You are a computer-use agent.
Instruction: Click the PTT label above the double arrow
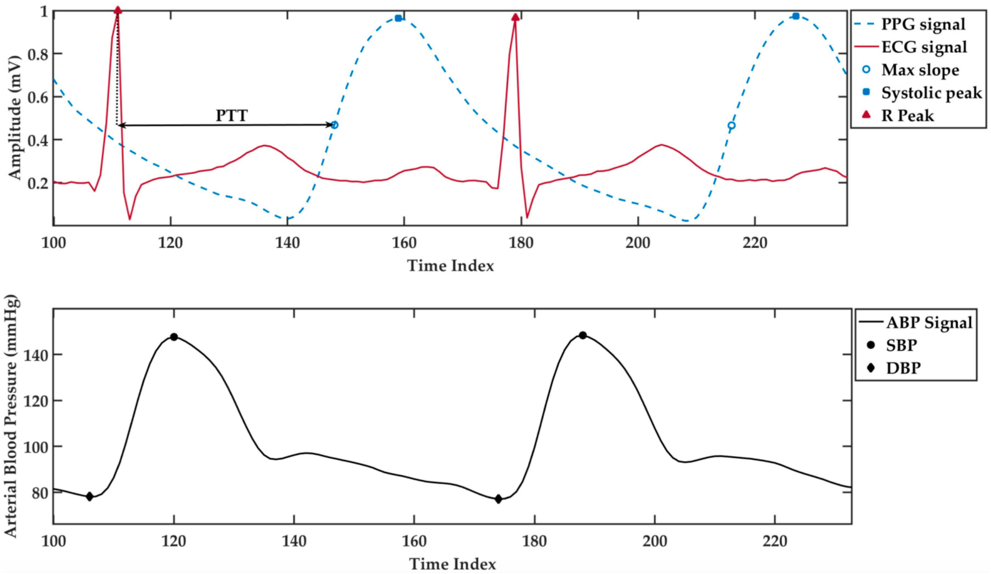pyautogui.click(x=232, y=116)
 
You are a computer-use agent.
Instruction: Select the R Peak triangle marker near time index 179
pyautogui.click(x=515, y=17)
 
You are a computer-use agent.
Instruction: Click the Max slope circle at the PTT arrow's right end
pyautogui.click(x=334, y=125)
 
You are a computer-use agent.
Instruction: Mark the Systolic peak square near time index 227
pyautogui.click(x=795, y=16)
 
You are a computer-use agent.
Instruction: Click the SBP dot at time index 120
pyautogui.click(x=174, y=337)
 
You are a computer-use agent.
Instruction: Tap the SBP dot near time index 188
pyautogui.click(x=583, y=335)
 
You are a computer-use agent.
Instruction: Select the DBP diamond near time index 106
pyautogui.click(x=90, y=496)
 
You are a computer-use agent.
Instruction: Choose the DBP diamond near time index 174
pyautogui.click(x=498, y=499)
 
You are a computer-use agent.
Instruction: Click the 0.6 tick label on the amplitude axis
pyautogui.click(x=38, y=97)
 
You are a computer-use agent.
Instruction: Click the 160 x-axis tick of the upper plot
pyautogui.click(x=404, y=243)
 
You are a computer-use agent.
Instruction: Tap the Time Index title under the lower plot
pyautogui.click(x=452, y=564)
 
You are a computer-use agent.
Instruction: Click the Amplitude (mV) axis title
pyautogui.click(x=14, y=118)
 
